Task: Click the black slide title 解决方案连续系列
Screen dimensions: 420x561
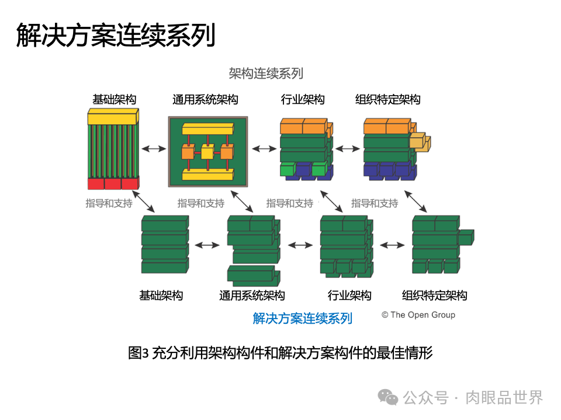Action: (x=116, y=35)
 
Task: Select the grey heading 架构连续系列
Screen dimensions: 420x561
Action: (x=266, y=73)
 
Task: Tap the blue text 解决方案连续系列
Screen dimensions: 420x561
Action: (x=303, y=318)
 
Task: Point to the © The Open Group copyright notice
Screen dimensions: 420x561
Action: (x=418, y=315)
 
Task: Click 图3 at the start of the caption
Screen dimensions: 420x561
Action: (x=138, y=353)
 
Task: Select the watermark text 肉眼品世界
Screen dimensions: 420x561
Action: (x=504, y=398)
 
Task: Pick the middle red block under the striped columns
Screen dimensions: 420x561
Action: (x=113, y=184)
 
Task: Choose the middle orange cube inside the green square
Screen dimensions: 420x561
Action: (x=206, y=152)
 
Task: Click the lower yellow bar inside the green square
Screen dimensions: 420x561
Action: (x=207, y=174)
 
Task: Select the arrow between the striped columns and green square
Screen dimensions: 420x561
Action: (x=154, y=149)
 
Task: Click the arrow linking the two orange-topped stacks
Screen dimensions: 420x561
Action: (x=348, y=149)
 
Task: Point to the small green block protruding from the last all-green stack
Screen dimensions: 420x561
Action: (x=466, y=237)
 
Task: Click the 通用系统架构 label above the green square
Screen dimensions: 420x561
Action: (x=205, y=100)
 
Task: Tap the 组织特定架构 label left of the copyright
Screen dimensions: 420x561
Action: (x=435, y=295)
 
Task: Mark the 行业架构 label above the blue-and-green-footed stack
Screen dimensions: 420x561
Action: (x=303, y=100)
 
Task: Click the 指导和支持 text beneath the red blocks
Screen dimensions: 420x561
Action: (x=109, y=204)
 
